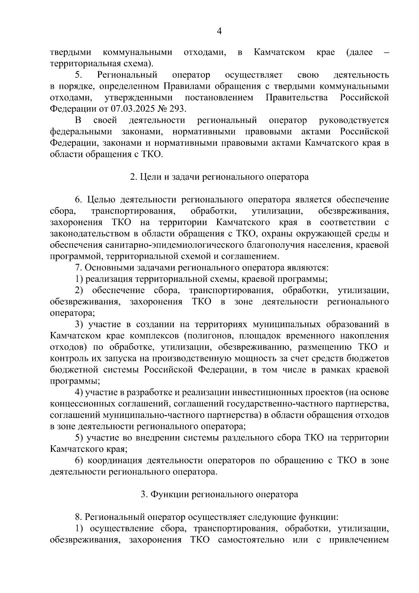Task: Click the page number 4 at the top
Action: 219,31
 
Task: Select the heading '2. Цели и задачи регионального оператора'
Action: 219,177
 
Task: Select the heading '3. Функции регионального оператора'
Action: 219,494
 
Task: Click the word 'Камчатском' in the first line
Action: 279,52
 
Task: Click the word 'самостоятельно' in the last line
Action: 251,540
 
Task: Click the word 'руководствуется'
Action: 354,120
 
